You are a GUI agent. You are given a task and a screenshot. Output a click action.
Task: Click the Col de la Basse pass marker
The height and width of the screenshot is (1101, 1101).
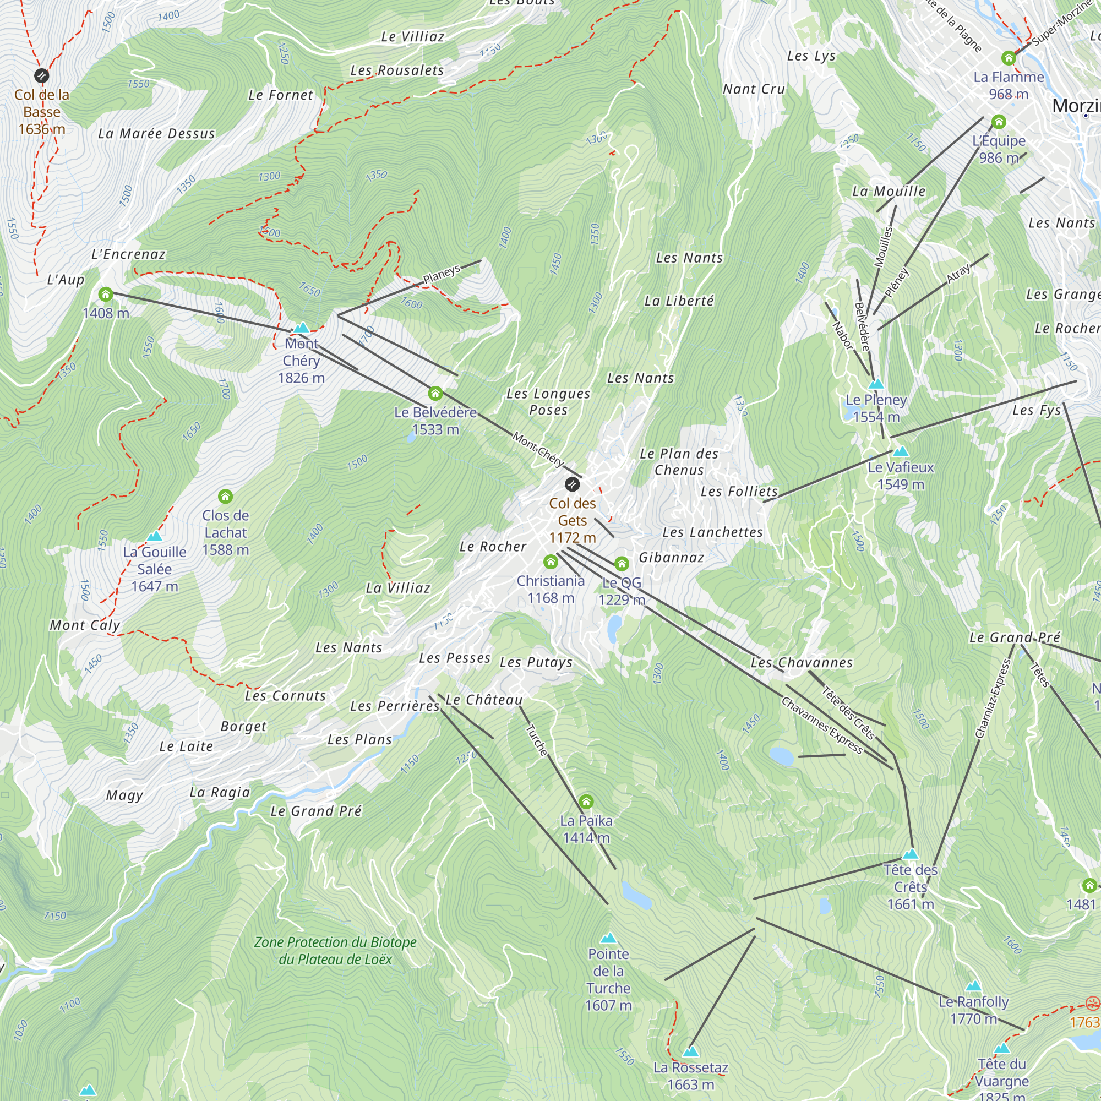point(42,75)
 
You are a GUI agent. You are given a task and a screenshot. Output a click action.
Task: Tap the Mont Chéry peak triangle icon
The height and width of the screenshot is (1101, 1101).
point(302,328)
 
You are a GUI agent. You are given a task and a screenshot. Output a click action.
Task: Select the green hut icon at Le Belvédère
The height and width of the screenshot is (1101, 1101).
point(435,393)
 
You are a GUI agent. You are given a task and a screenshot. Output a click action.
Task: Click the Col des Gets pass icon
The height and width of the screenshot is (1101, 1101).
point(572,484)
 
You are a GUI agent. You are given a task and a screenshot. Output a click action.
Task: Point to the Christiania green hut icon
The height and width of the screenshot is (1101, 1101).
point(550,563)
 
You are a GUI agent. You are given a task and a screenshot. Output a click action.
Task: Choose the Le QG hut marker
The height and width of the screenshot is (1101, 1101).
point(622,564)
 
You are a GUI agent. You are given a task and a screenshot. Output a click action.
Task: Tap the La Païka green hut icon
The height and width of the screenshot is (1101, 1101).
point(586,803)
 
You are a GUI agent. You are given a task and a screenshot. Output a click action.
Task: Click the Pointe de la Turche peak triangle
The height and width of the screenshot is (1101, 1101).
point(609,938)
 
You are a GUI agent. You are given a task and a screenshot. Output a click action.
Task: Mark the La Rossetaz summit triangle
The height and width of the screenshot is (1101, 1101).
point(691,1051)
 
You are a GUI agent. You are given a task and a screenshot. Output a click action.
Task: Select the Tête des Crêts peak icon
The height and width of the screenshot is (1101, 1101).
point(911,854)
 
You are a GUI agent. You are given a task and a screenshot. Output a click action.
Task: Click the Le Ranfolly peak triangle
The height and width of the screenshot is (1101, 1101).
point(973,986)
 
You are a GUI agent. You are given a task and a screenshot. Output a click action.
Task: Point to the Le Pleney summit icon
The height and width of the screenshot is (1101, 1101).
point(876,384)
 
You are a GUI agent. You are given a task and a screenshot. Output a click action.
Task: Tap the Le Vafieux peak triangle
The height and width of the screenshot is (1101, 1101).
point(901,452)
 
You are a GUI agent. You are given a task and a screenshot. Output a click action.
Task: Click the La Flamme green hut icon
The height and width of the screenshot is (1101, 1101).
point(1009,58)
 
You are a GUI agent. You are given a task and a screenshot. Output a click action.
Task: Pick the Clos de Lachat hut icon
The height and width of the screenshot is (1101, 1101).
point(226,497)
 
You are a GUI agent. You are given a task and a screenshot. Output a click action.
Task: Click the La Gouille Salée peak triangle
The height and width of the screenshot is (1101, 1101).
point(155,536)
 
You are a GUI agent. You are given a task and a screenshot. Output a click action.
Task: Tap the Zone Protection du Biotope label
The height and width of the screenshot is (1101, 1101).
point(335,950)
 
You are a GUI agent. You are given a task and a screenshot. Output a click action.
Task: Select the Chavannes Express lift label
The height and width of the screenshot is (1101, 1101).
point(822,726)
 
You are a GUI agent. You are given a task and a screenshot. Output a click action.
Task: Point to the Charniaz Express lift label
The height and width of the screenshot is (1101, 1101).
point(993,699)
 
